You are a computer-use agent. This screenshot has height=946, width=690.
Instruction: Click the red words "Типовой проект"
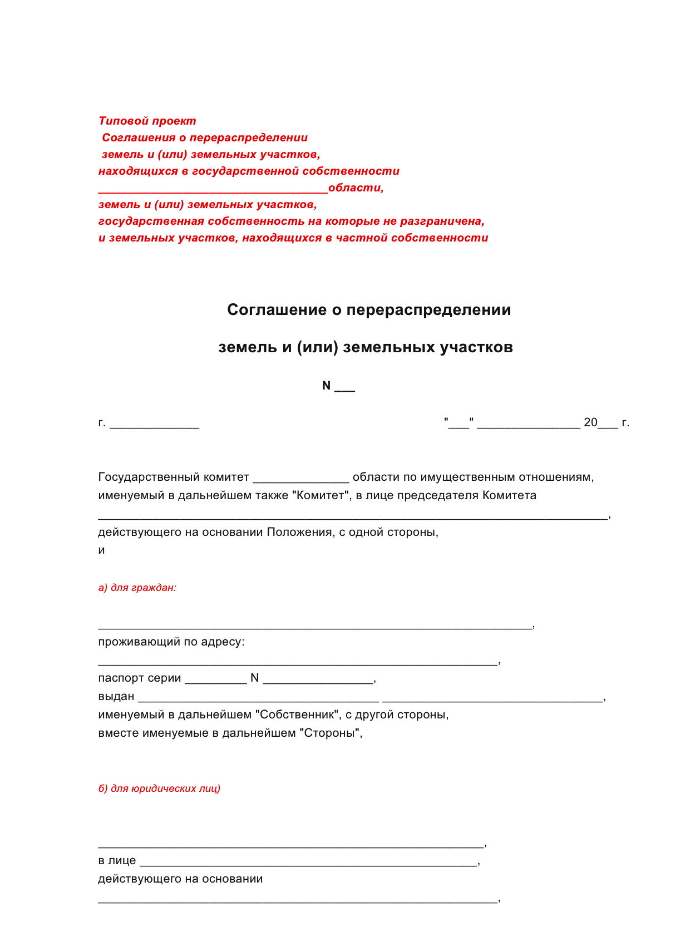tap(147, 121)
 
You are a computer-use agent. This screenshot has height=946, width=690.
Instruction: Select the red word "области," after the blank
tap(356, 188)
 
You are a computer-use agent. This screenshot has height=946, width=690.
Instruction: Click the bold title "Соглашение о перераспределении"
tap(369, 309)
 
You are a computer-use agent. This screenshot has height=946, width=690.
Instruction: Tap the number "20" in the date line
tap(590, 422)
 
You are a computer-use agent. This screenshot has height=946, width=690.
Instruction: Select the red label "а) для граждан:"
tap(137, 587)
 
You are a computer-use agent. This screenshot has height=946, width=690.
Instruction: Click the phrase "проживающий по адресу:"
tap(171, 642)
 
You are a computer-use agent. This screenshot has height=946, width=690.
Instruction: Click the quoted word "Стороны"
tap(331, 733)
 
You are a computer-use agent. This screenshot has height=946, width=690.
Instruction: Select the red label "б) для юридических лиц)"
tap(159, 788)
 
